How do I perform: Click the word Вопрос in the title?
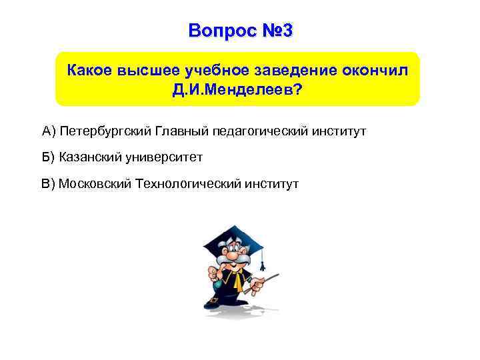(217, 31)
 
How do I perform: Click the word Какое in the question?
(91, 70)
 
